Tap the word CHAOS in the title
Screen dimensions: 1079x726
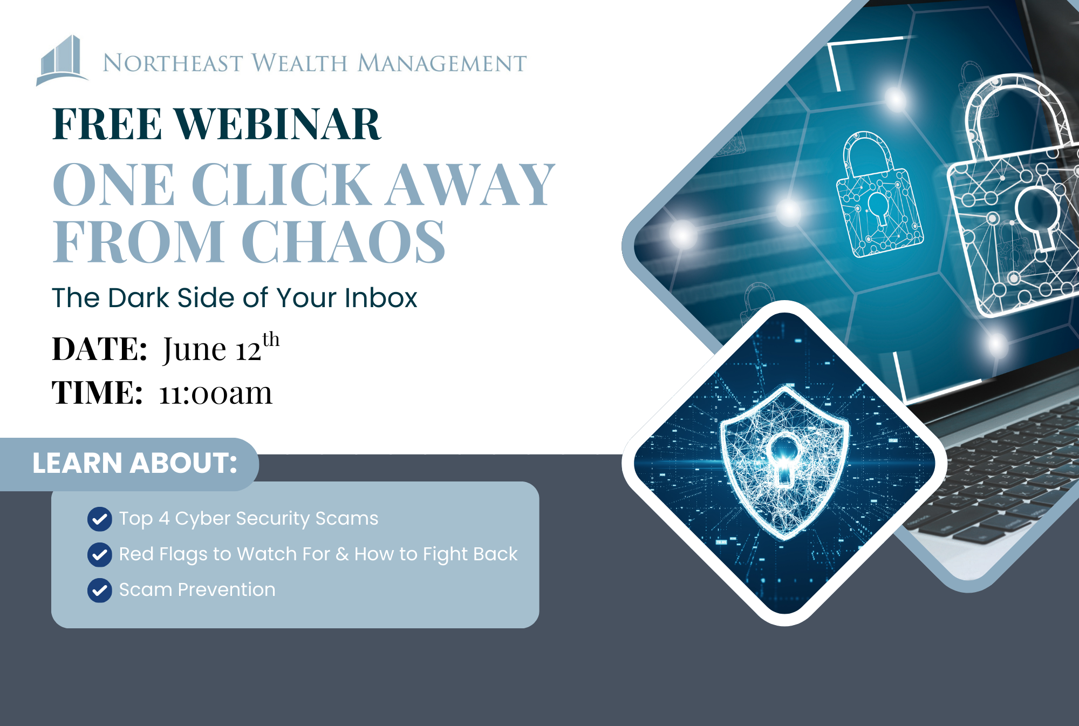click(x=343, y=241)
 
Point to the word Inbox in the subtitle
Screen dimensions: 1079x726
click(x=381, y=297)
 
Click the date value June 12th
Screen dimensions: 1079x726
click(x=221, y=348)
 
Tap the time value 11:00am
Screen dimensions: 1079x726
click(x=216, y=392)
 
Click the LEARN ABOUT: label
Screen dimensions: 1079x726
click(x=135, y=463)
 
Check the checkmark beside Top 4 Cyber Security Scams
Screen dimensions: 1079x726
click(x=100, y=519)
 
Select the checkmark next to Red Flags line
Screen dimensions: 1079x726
click(x=100, y=555)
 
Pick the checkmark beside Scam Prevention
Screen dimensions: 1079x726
click(x=100, y=591)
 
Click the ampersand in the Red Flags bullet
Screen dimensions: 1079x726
click(x=342, y=554)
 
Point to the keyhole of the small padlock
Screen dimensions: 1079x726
click(x=878, y=208)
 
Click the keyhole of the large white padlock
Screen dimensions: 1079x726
click(x=1037, y=216)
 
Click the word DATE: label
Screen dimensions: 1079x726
click(x=99, y=349)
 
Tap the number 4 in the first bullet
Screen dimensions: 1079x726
click(x=164, y=518)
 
